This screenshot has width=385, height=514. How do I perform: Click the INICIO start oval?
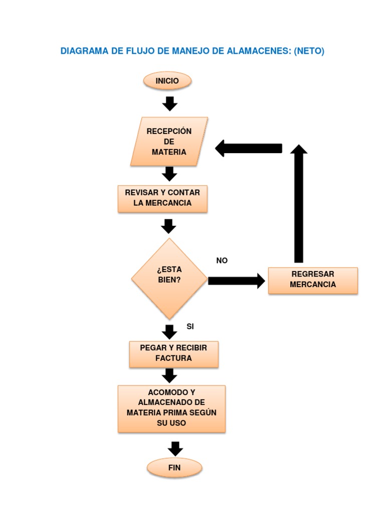point(167,81)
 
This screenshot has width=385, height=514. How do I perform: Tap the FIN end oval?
point(174,468)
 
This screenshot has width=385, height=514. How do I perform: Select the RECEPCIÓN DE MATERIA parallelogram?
point(169,142)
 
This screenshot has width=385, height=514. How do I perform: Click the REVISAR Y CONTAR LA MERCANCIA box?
point(162,198)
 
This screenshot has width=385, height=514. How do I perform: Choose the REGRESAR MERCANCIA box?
point(313,280)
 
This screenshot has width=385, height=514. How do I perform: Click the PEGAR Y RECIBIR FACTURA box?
point(173,353)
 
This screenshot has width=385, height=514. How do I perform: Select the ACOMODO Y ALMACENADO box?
point(171,408)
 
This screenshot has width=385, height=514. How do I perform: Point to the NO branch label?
point(222,261)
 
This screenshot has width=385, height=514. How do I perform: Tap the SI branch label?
point(190,327)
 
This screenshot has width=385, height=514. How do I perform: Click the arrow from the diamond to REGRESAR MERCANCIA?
point(236,281)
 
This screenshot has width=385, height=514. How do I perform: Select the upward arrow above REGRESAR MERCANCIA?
point(299,203)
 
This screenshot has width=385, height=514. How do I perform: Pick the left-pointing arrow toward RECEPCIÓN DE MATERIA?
point(249,149)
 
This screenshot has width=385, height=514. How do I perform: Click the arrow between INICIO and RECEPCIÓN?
point(170,103)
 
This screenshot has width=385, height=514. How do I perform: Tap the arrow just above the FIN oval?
point(174,448)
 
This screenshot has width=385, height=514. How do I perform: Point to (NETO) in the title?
point(309,51)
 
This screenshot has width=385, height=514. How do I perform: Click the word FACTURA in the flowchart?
point(173,358)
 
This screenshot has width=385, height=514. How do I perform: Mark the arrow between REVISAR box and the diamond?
point(168,226)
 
